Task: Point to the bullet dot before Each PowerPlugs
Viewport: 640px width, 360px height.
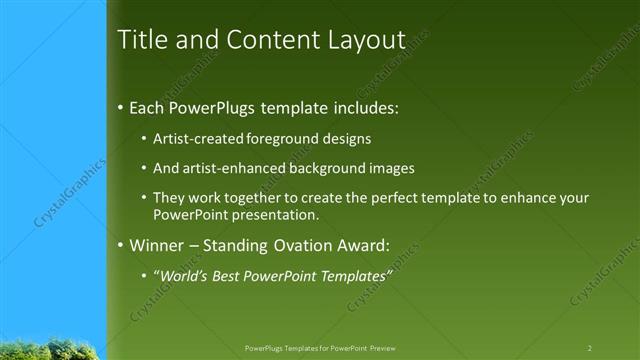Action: point(122,106)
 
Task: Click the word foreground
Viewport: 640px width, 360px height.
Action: point(281,138)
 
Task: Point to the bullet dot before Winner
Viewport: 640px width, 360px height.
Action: point(122,244)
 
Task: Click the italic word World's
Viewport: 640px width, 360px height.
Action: point(184,275)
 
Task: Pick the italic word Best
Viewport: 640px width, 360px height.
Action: point(233,275)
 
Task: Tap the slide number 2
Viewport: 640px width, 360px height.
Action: point(589,348)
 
